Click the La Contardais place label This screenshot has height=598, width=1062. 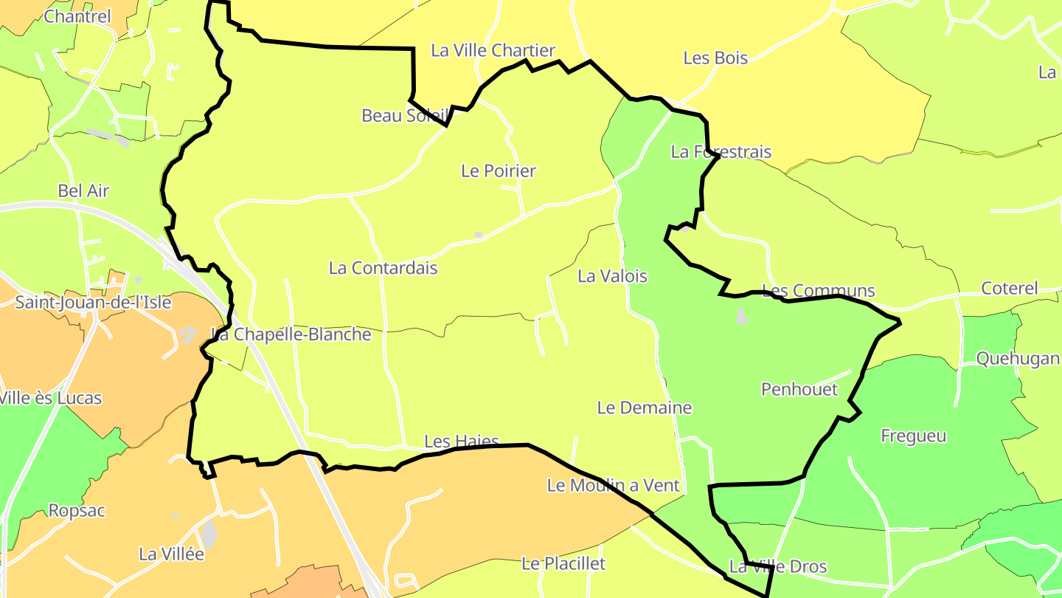[x=383, y=268]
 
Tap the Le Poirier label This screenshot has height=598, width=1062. [x=499, y=171]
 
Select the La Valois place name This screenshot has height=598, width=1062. [x=612, y=276]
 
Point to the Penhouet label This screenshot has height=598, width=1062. [x=799, y=389]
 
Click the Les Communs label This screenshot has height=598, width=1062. [x=818, y=291]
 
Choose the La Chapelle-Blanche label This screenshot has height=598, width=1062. [x=291, y=334]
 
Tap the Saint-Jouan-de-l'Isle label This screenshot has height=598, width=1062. [x=93, y=302]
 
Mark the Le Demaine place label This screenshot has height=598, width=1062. [x=645, y=408]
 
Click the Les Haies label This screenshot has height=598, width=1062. [x=462, y=441]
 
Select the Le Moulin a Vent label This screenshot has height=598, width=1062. [x=613, y=486]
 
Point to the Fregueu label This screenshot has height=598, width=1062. [x=914, y=436]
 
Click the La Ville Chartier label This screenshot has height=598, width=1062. [x=493, y=50]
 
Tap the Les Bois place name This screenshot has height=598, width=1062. [x=715, y=58]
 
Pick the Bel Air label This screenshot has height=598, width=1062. [x=83, y=190]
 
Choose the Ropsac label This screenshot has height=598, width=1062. [x=77, y=510]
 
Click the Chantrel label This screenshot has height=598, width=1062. [x=77, y=16]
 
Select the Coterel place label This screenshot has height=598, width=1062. [x=1010, y=288]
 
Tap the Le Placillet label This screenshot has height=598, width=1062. [x=563, y=563]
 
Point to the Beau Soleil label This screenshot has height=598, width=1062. [x=405, y=115]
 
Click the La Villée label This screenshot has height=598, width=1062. [x=171, y=554]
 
